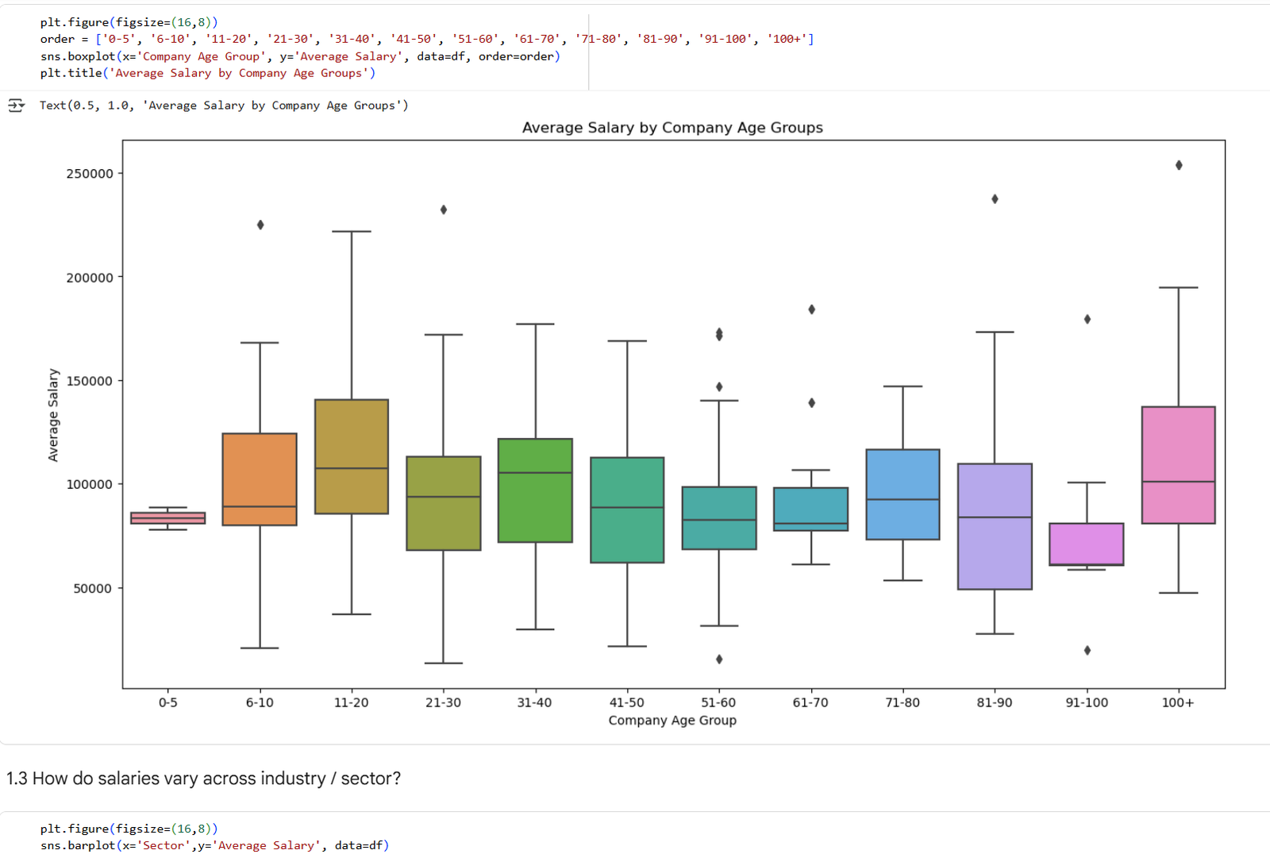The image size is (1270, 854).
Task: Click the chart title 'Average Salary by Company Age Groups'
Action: coord(672,128)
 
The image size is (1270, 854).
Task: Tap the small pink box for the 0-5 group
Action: coord(168,518)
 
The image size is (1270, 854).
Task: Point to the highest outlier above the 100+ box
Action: coord(1179,165)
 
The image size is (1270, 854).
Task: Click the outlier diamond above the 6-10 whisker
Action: coord(260,225)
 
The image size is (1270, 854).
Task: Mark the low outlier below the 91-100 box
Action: coord(1087,650)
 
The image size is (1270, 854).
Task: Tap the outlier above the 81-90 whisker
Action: coord(995,199)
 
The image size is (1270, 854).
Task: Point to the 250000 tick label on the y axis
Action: coord(90,174)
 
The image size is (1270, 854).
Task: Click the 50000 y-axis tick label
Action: coord(94,588)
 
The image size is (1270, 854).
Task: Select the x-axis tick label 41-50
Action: coord(627,702)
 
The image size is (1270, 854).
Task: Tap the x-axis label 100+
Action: coord(1178,702)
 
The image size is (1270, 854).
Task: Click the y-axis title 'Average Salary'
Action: coord(53,414)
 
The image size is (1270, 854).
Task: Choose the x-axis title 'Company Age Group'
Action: coord(672,720)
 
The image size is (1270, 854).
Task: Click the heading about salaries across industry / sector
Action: coord(203,779)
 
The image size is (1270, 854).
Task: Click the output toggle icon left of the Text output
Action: coord(16,106)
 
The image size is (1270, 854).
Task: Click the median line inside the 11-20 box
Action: coord(352,468)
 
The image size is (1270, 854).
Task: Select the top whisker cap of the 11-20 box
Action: coord(352,232)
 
